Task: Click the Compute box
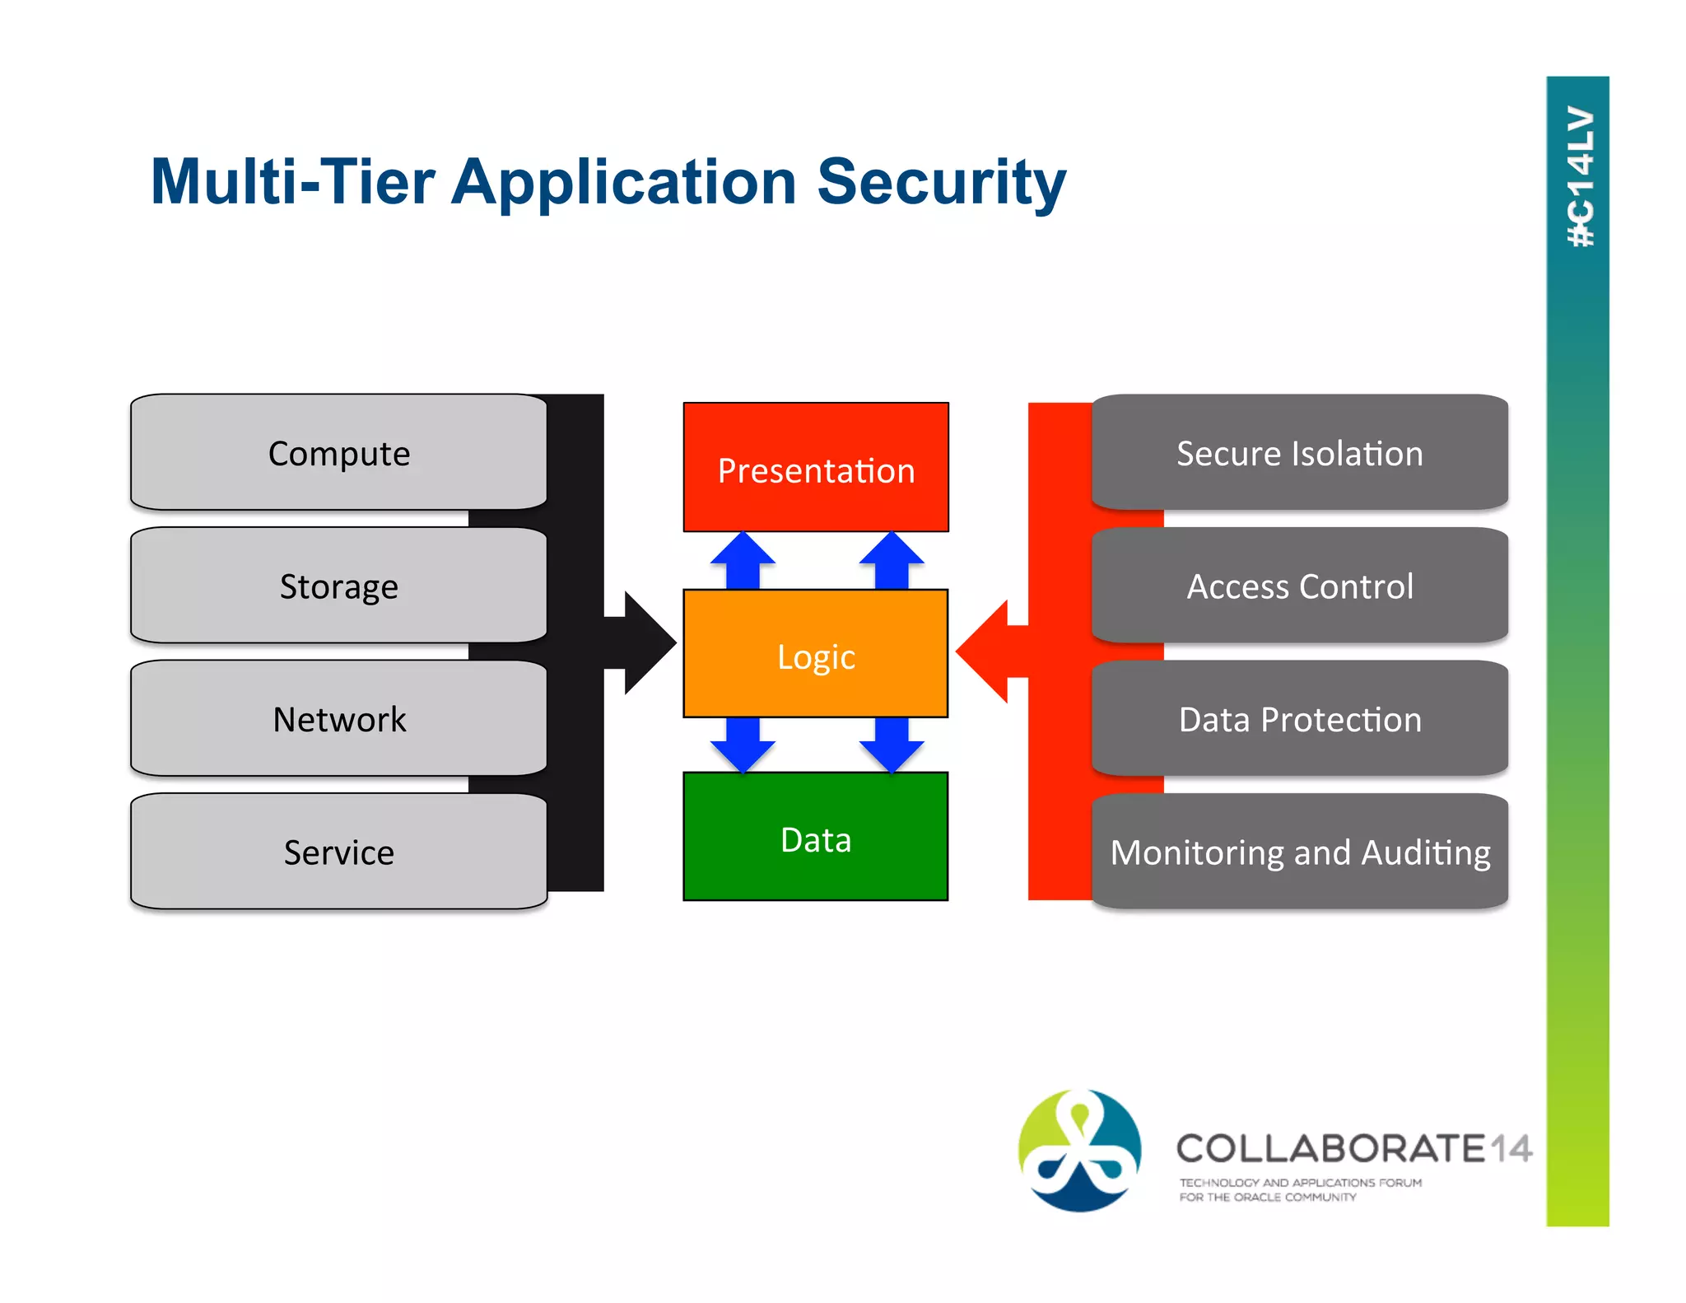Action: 338,452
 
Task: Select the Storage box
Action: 338,586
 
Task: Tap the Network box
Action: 338,718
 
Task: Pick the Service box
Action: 338,852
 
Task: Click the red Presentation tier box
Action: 816,468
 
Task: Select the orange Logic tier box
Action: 816,654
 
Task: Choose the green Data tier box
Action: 816,837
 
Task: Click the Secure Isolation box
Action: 1299,452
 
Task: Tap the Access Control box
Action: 1299,586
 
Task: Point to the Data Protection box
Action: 1299,718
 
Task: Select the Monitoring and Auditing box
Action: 1299,852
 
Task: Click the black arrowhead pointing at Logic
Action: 646,642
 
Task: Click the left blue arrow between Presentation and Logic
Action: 743,560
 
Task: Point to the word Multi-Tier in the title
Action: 293,182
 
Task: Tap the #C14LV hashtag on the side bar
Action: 1579,177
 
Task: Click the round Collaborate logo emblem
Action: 1079,1150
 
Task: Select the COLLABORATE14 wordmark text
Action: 1353,1148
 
